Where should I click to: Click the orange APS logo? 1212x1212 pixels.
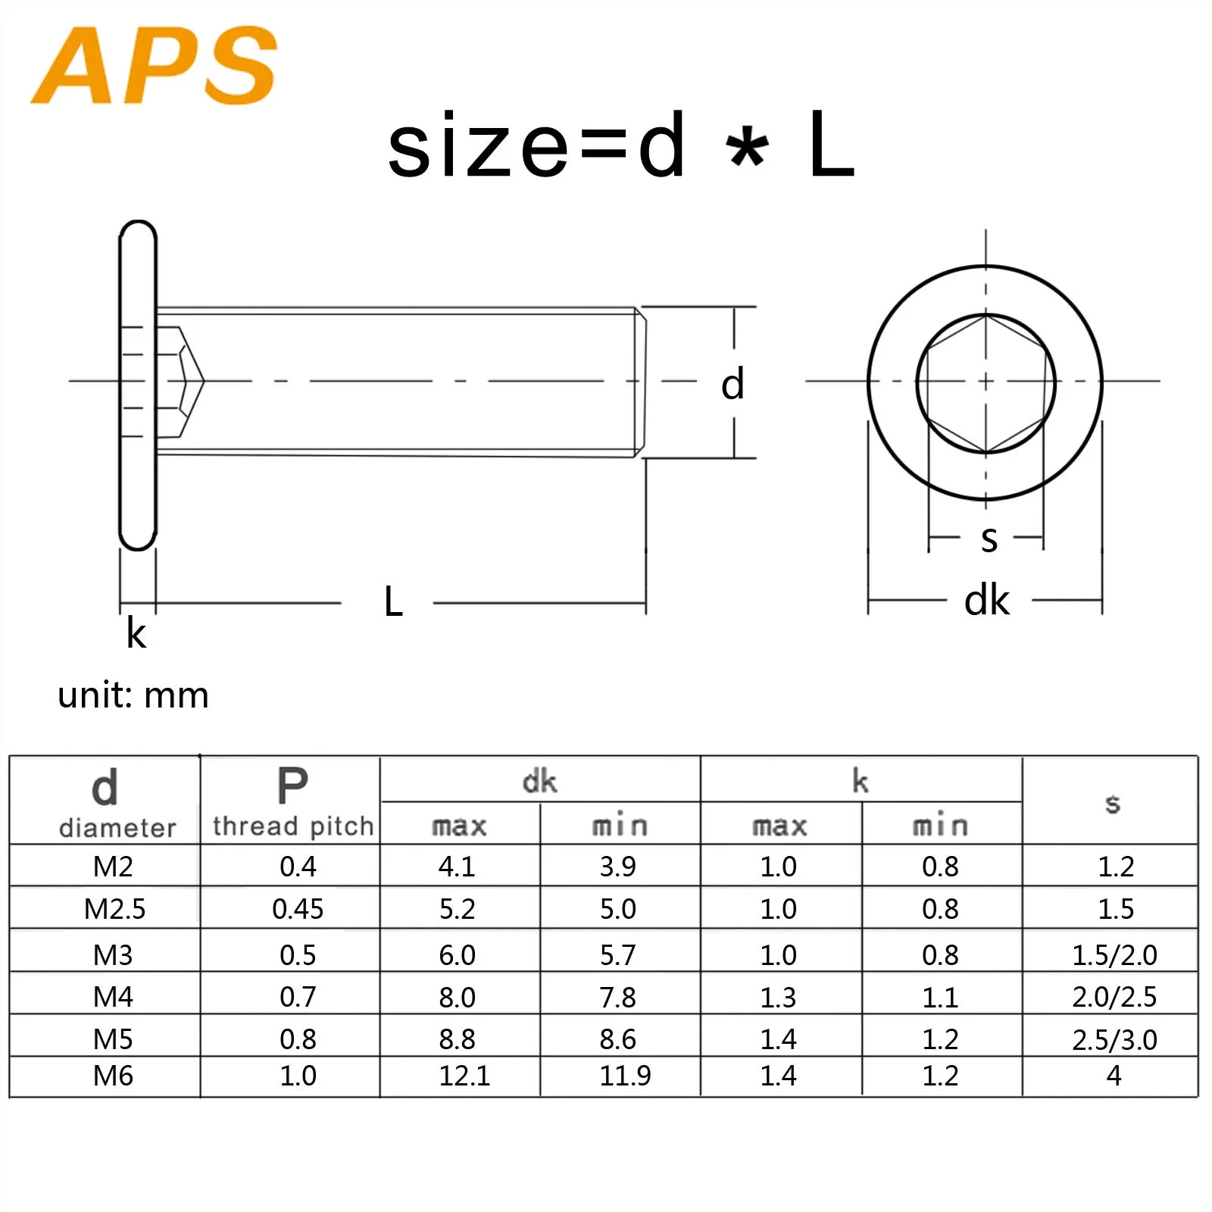pyautogui.click(x=155, y=65)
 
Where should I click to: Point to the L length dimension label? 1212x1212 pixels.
pyautogui.click(x=393, y=602)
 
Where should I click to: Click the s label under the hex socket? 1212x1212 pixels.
pyautogui.click(x=989, y=539)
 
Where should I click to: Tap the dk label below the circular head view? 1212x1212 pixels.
pyautogui.click(x=986, y=601)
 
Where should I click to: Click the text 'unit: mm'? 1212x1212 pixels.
pyautogui.click(x=133, y=695)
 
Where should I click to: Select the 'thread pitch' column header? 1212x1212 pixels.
pyautogui.click(x=293, y=826)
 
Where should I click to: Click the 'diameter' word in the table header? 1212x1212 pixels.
pyautogui.click(x=117, y=828)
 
